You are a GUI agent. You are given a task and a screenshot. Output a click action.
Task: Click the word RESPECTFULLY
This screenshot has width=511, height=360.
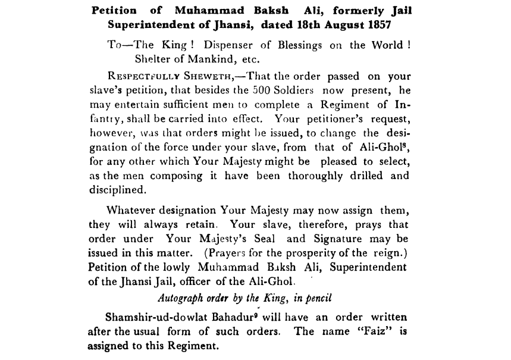[138, 77]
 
